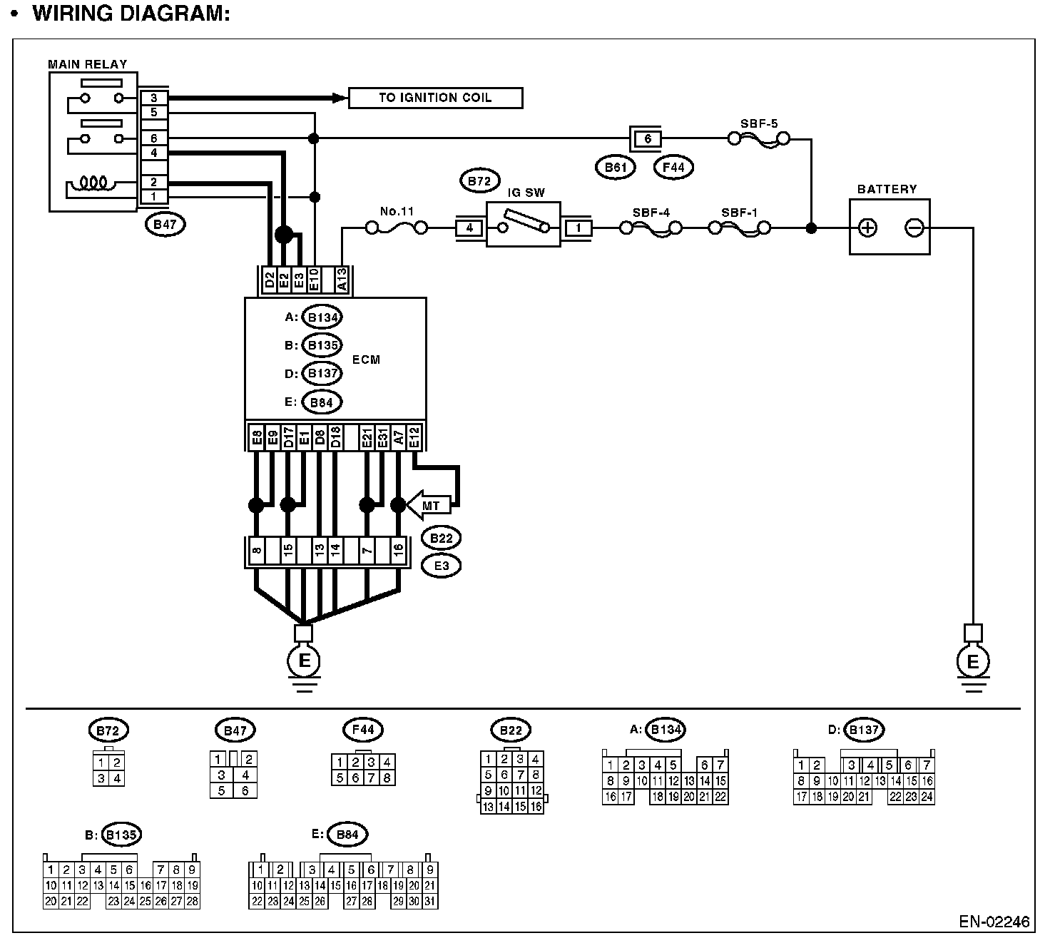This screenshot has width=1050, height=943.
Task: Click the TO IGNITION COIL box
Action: click(x=435, y=98)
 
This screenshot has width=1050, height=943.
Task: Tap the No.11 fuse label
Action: click(x=397, y=211)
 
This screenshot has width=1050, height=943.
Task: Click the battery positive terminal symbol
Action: click(x=867, y=228)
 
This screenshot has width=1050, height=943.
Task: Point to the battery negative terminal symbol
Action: click(x=914, y=228)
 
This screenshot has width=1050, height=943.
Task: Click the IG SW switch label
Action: click(x=526, y=193)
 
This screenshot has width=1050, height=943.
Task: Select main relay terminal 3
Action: click(x=153, y=98)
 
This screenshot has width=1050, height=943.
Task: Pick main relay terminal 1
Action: click(x=153, y=196)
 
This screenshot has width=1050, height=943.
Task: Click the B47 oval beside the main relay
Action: click(x=165, y=225)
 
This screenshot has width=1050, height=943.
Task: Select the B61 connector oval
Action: click(x=615, y=167)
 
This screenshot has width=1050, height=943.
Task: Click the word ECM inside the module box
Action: click(x=366, y=360)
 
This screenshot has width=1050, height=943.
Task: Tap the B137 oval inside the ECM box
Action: click(x=322, y=373)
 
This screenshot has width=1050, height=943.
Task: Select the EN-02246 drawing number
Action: click(x=994, y=922)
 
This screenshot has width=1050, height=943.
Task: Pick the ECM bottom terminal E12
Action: click(x=414, y=437)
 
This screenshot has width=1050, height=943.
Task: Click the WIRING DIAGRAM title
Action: click(x=131, y=14)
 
